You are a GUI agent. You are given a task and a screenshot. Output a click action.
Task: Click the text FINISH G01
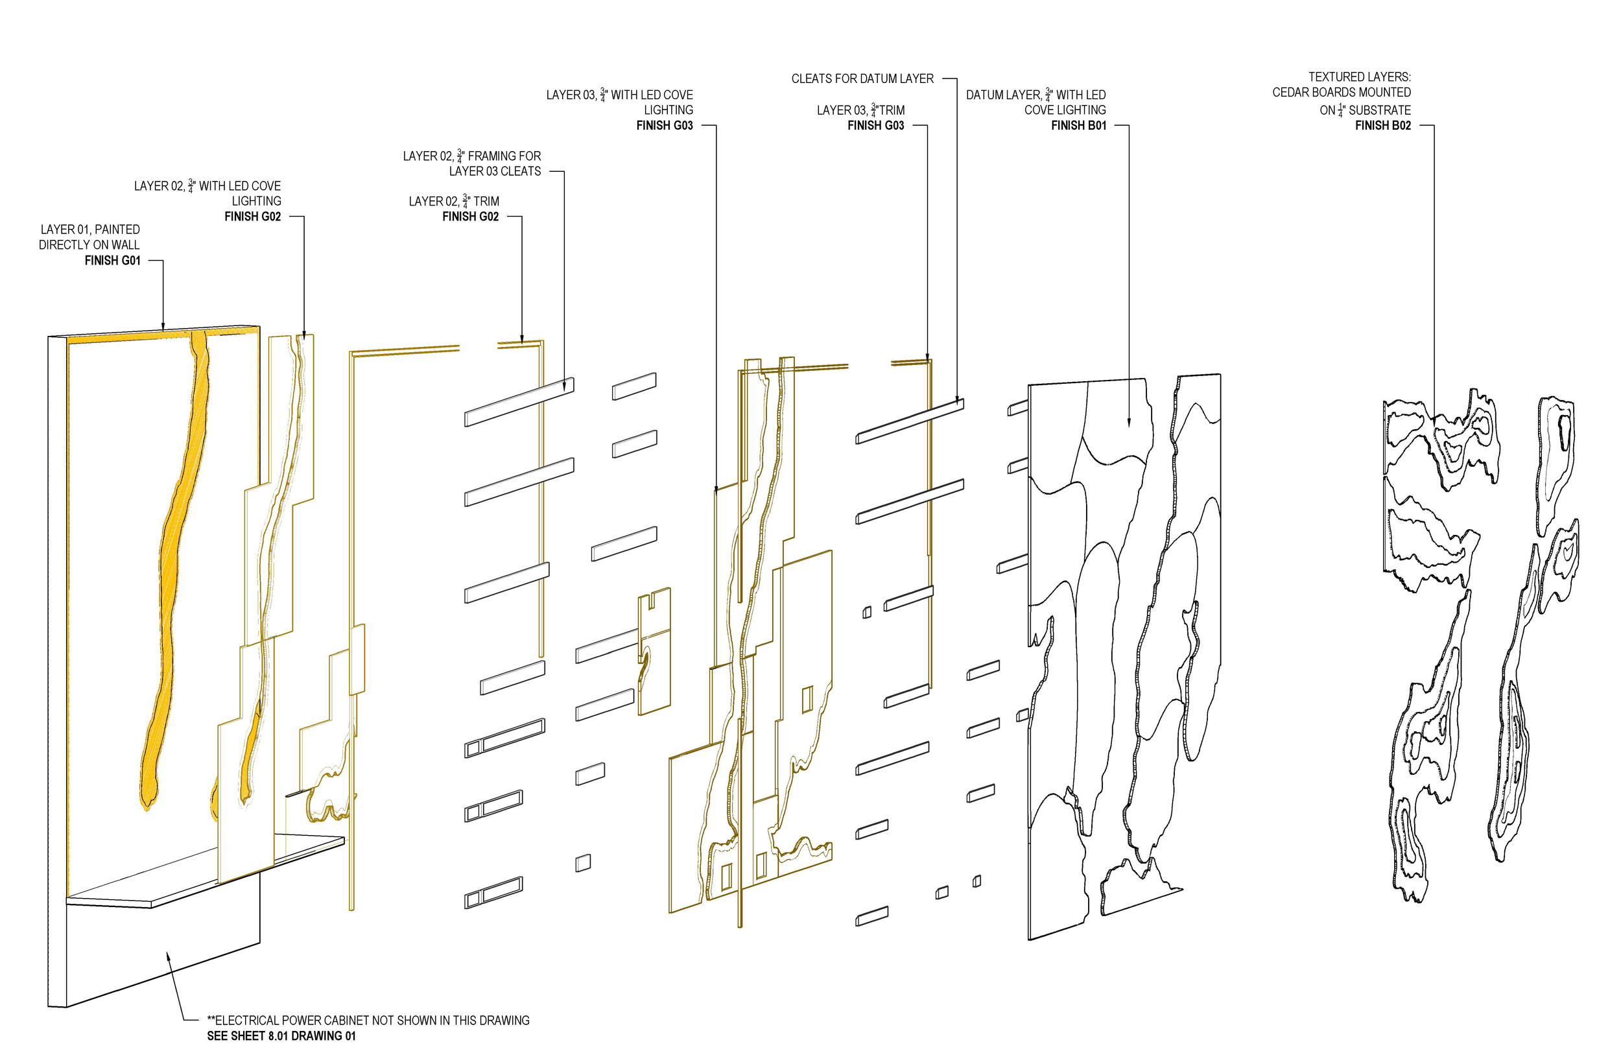112,261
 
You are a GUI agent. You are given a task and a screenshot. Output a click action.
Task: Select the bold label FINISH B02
1382,126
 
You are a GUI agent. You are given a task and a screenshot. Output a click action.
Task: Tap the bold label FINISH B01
1078,126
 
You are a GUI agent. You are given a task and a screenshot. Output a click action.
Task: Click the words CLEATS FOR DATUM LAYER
862,79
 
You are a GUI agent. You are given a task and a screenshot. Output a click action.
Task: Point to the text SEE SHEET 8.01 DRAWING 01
281,1036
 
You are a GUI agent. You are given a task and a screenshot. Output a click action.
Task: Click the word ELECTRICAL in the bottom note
247,1021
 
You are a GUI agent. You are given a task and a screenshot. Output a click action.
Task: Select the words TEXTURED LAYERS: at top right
1360,78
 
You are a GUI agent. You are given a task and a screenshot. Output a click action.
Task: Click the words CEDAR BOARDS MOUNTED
1341,93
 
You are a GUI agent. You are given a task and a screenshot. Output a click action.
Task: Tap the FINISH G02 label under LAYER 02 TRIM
471,217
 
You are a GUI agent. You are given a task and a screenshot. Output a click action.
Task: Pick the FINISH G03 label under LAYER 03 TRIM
875,126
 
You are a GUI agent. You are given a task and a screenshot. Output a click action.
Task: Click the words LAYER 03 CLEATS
495,172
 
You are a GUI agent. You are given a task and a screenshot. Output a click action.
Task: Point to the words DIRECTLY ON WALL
89,245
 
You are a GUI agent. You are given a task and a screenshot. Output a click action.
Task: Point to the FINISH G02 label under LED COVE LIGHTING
253,217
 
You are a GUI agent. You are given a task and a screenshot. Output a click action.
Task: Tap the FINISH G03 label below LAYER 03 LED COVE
664,126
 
